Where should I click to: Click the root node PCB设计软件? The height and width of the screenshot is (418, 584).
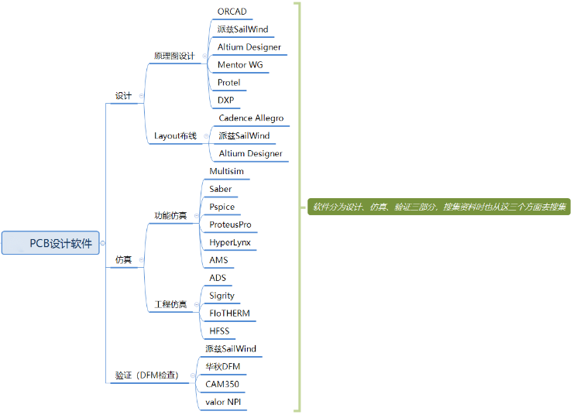51,243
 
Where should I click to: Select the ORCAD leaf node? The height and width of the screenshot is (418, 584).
232,12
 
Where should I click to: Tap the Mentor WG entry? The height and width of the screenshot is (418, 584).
240,65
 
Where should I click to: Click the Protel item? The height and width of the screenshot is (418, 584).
228,83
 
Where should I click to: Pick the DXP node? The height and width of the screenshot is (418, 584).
225,101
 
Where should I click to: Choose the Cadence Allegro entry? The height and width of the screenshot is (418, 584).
251,118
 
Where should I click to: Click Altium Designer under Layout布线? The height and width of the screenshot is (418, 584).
250,154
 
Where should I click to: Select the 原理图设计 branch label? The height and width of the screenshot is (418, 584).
174,56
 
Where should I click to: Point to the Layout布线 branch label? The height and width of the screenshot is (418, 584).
175,136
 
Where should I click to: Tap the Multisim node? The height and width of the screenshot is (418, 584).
226,171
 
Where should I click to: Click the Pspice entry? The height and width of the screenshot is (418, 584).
222,207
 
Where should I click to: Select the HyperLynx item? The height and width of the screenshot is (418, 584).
230,242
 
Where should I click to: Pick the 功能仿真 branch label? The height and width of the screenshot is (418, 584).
170,215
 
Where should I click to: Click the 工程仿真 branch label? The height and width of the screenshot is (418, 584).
170,304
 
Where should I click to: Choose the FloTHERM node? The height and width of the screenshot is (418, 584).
229,313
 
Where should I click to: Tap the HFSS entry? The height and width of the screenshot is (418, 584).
219,331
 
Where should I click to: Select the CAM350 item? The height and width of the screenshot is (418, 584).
222,384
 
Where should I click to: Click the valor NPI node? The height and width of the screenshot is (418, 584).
224,402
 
